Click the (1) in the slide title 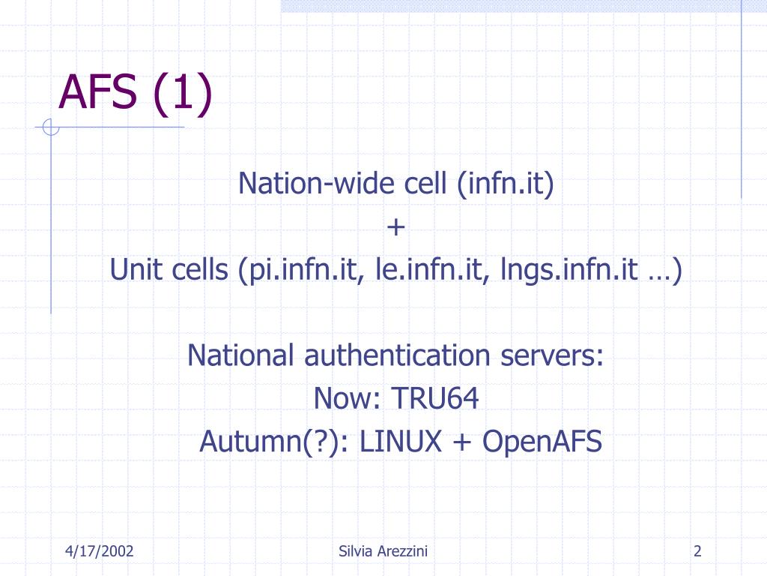click(x=183, y=93)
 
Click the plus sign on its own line click(x=396, y=226)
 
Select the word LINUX click(x=401, y=442)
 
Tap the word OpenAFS click(x=542, y=442)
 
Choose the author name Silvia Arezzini click(x=383, y=552)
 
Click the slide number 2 click(x=697, y=552)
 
